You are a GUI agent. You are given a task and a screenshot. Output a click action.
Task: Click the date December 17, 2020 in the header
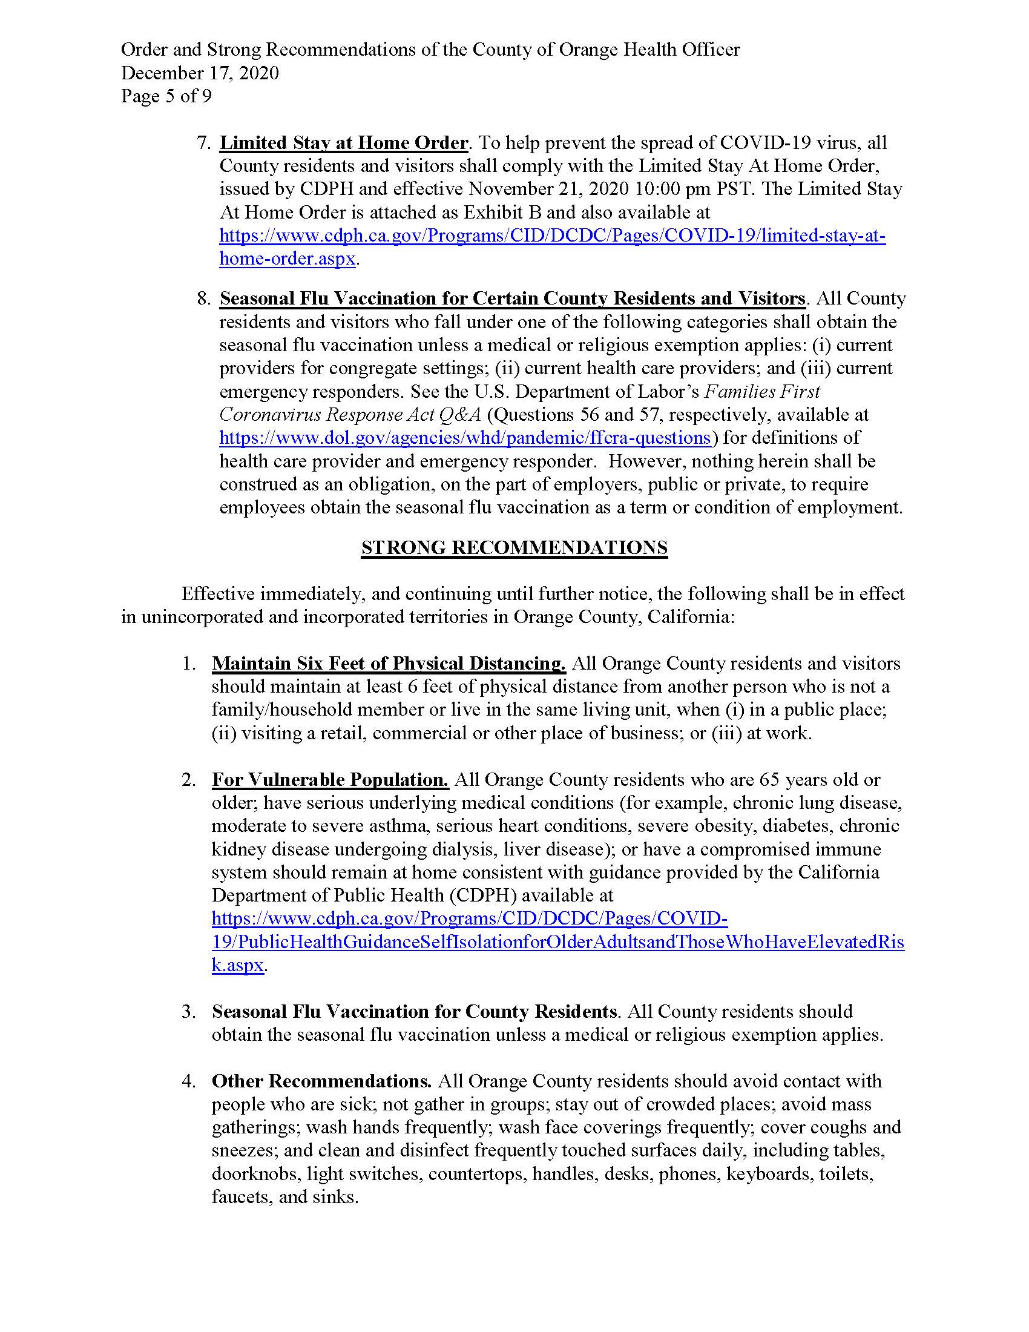200,73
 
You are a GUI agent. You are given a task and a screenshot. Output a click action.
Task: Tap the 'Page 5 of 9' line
166,96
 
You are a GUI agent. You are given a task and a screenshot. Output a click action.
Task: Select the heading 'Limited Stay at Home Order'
343,143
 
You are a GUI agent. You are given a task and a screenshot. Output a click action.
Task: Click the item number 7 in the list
202,143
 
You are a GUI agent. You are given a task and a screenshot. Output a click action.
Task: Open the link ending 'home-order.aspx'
287,259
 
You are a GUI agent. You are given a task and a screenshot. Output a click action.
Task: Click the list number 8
202,299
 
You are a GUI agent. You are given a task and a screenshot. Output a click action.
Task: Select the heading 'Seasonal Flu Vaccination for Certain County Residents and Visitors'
512,299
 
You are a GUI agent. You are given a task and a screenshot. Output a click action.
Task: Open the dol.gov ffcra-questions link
464,438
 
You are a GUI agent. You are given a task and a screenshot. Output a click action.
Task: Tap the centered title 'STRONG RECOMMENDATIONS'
514,548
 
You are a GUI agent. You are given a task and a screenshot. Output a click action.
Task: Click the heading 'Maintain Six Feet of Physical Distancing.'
389,664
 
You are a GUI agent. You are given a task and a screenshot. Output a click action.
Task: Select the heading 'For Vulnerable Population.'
330,780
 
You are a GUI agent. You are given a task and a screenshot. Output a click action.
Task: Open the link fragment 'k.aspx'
238,966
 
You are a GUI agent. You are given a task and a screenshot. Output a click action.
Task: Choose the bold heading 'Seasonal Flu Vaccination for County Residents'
414,1012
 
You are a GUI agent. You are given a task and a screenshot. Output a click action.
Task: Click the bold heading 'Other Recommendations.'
321,1081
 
